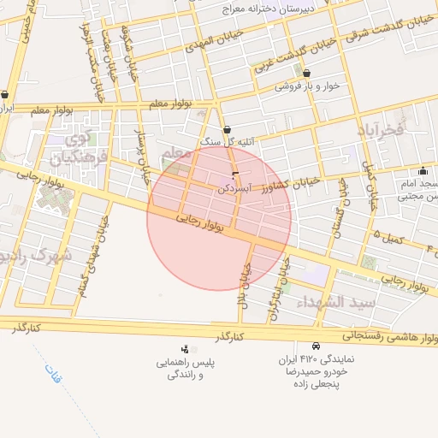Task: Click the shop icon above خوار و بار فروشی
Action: coord(305,74)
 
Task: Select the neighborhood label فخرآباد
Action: coord(382,130)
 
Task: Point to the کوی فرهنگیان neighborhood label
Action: coord(78,149)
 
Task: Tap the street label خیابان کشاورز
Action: coord(292,182)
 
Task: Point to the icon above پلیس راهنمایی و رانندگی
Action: coord(185,349)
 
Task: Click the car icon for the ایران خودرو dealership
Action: coord(317,346)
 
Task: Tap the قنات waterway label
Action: coord(53,375)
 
